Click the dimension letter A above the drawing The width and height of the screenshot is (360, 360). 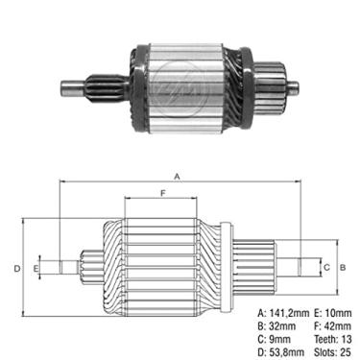(177, 176)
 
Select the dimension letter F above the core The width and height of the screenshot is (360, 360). (163, 193)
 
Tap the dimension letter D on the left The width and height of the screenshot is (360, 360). (17, 268)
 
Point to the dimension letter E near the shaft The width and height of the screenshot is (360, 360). (36, 268)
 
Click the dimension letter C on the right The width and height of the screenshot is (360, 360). (326, 267)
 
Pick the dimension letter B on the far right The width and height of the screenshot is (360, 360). (343, 267)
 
